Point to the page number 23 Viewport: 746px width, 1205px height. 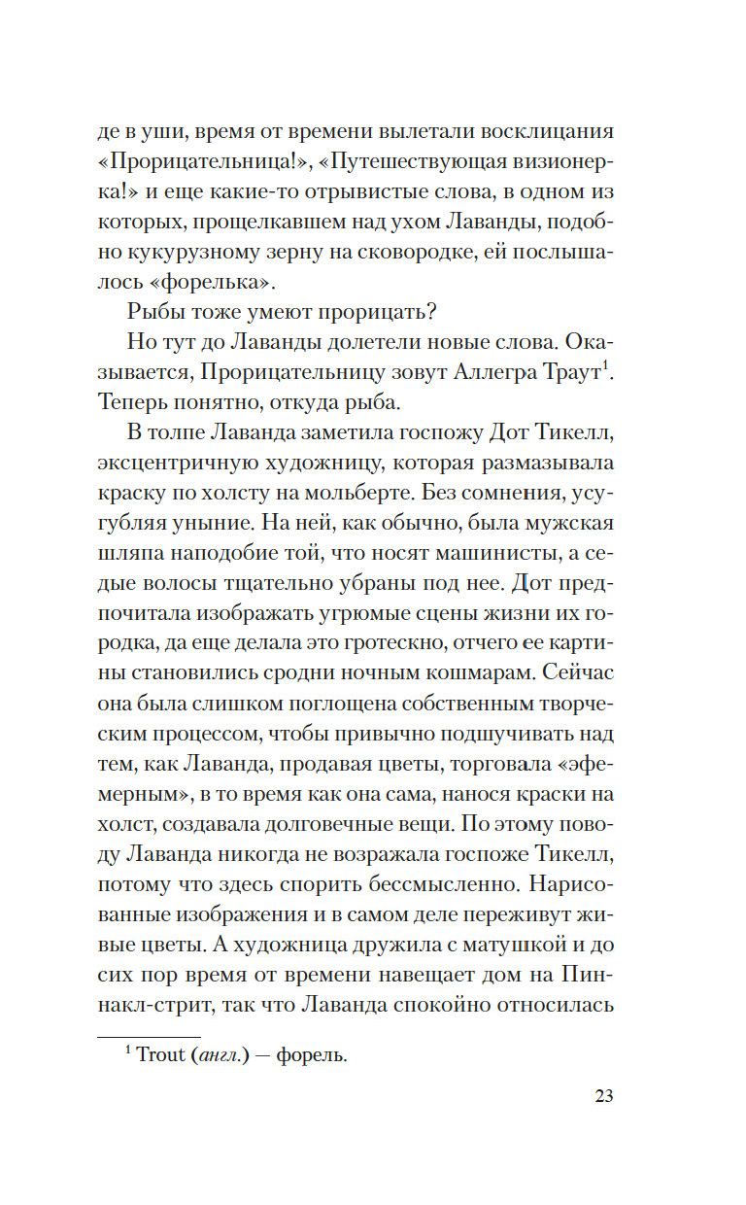click(x=603, y=1096)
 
